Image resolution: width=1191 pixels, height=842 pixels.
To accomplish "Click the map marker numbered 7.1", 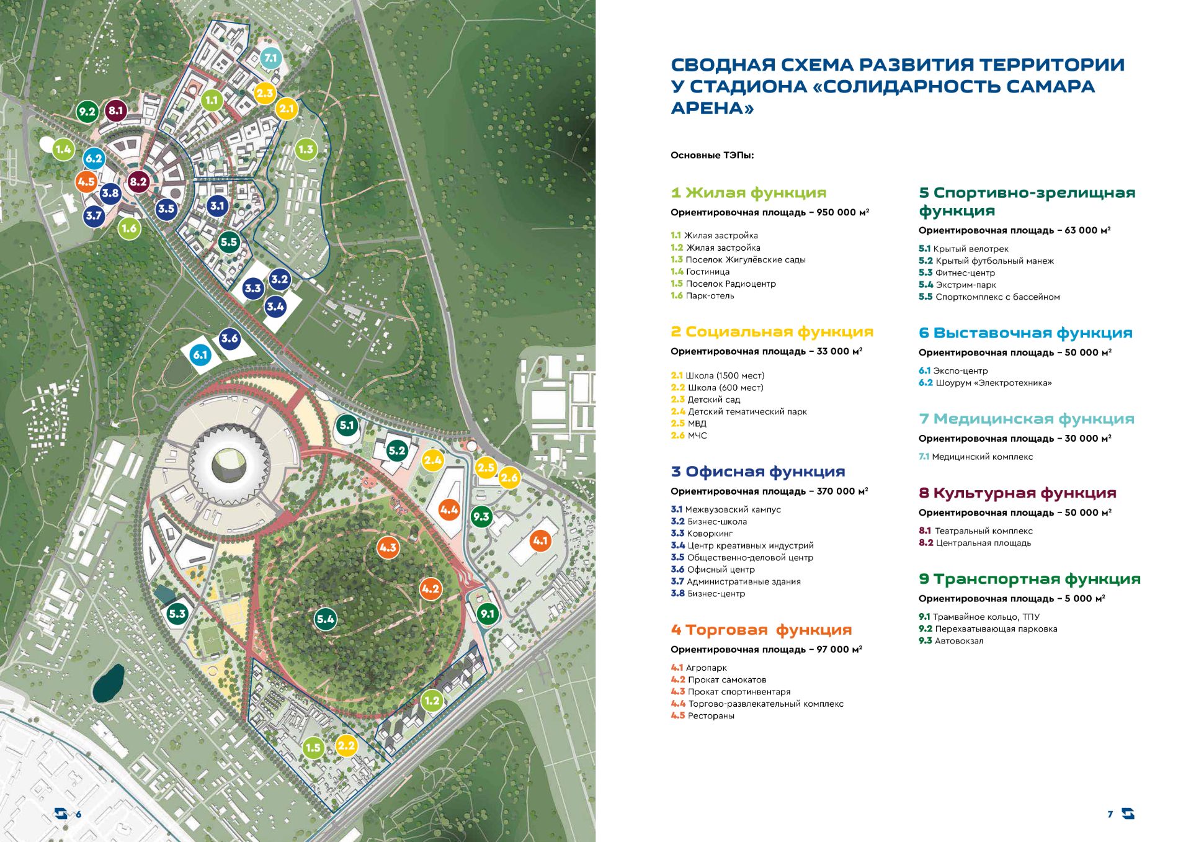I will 270,58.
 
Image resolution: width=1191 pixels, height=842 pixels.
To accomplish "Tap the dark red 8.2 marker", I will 138,182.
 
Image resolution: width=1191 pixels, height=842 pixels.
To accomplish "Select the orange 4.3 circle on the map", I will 388,548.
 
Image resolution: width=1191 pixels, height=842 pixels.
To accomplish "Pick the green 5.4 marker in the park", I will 325,619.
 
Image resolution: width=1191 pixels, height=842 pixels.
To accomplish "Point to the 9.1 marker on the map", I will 488,614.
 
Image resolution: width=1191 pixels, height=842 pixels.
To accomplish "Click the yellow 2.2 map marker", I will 346,746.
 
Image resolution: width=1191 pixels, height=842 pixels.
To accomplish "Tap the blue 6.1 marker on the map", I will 200,355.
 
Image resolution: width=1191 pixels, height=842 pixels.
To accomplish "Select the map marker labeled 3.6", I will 230,338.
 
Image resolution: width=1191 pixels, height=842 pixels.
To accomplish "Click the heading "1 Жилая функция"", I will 749,193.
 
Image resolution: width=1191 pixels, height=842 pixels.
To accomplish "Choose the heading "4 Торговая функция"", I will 761,630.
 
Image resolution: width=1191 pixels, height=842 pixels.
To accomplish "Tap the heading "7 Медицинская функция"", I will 1027,419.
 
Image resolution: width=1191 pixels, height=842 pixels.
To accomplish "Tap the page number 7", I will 1110,814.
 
